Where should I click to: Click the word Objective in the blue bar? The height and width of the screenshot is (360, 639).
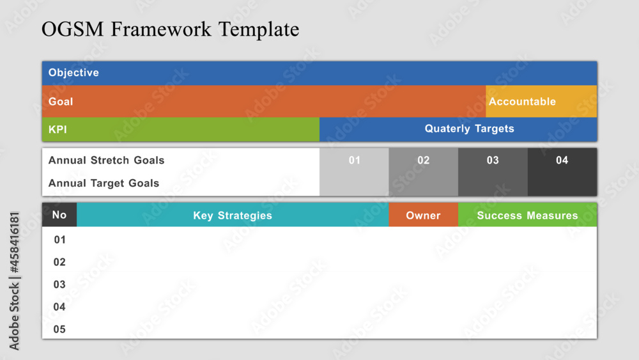click(x=73, y=72)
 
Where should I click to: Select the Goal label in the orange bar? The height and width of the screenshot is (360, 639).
click(x=61, y=102)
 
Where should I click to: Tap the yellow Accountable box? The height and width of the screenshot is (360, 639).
click(x=541, y=102)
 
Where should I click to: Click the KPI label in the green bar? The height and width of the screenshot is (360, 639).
click(x=58, y=130)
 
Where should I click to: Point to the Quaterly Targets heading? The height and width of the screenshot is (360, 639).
click(x=470, y=129)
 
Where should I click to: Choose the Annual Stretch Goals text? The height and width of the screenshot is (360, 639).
click(x=106, y=160)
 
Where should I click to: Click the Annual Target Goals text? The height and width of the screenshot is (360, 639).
click(x=104, y=183)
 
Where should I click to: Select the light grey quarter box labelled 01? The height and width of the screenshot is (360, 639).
click(x=354, y=172)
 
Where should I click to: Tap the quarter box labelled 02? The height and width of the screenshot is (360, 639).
click(x=424, y=172)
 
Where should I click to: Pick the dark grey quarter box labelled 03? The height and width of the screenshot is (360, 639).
click(x=493, y=172)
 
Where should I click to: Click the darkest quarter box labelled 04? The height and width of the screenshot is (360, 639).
click(x=562, y=172)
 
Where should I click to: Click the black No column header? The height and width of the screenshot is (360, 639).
click(x=59, y=214)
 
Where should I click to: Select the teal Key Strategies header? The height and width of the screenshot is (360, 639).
click(x=233, y=214)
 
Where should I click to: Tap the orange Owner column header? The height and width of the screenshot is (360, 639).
click(x=424, y=214)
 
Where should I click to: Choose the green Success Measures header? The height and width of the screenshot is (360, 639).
click(x=527, y=214)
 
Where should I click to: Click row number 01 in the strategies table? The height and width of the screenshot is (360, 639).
click(x=59, y=240)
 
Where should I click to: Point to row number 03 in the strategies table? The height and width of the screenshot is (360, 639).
click(x=59, y=285)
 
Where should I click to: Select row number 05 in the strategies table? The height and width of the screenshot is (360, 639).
click(x=59, y=329)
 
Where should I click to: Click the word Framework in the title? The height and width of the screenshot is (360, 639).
click(x=161, y=29)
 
